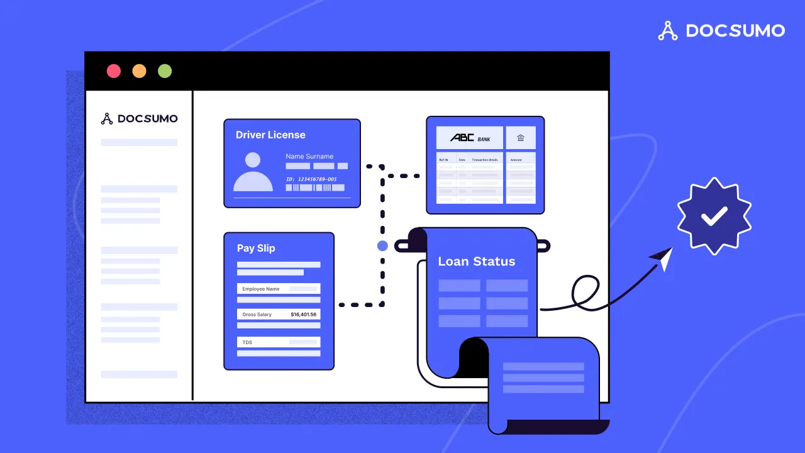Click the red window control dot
(x=114, y=71)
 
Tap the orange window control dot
(x=139, y=71)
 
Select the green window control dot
(x=165, y=71)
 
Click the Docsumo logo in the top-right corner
(x=721, y=30)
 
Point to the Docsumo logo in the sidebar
(x=139, y=118)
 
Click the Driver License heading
(x=270, y=135)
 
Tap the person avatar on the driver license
(x=253, y=172)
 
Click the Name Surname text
(x=309, y=156)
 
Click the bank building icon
(x=521, y=138)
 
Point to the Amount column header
(x=516, y=160)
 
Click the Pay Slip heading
(x=256, y=248)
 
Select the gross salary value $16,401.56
(x=304, y=314)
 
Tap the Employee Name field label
(x=261, y=289)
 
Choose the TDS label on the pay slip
(x=248, y=342)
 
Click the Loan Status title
(x=476, y=261)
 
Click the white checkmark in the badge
(x=714, y=216)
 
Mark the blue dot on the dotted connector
(x=382, y=245)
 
